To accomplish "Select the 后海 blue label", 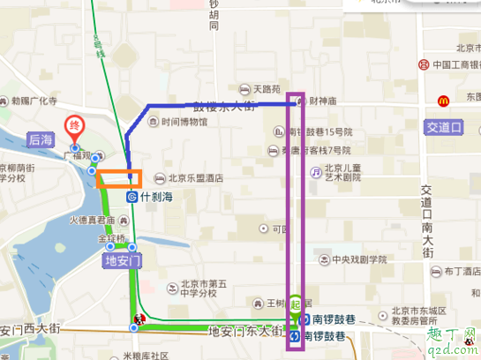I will point(41,139).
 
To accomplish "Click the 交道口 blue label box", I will point(444,127).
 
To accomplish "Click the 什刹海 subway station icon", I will point(131,197).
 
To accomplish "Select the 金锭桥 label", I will point(112,239).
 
